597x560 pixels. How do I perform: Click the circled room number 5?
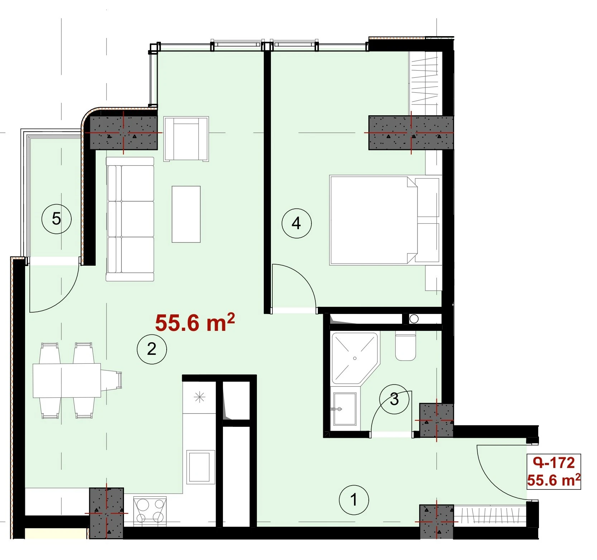(x=57, y=218)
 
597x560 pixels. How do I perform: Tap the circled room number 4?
(x=296, y=223)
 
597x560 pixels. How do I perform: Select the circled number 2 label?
(x=152, y=349)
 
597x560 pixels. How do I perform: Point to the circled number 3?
(x=394, y=399)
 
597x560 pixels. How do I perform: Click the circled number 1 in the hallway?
(x=354, y=500)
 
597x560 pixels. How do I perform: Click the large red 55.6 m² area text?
(x=195, y=322)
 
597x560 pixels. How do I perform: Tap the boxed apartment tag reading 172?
(x=554, y=472)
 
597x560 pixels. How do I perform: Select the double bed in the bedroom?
(x=385, y=220)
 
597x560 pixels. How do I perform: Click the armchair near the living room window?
(x=186, y=139)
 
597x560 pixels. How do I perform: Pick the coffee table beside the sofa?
(x=186, y=214)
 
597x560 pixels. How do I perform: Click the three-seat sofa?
(x=130, y=219)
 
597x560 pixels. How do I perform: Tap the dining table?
(x=67, y=380)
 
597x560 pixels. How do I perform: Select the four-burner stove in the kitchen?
(x=150, y=511)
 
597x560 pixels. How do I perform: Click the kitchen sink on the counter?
(x=200, y=466)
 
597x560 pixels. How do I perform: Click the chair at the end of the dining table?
(x=111, y=380)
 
